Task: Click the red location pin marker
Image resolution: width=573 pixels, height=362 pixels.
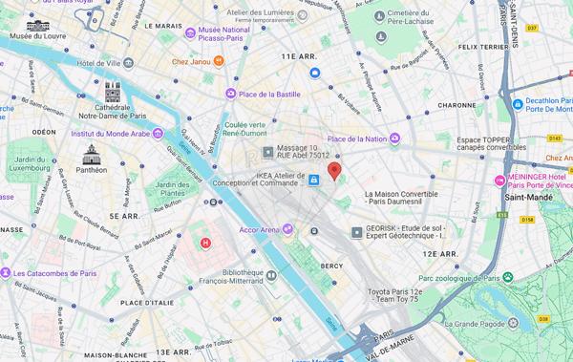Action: [x=334, y=171]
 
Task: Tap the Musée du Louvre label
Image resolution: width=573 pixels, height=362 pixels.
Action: [x=36, y=36]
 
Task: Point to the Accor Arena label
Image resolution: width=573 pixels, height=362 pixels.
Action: [x=259, y=229]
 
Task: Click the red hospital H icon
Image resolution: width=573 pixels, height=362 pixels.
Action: [x=205, y=243]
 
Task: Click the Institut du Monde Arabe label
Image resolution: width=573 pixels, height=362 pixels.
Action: [x=110, y=134]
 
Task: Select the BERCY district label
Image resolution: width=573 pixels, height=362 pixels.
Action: [x=331, y=265]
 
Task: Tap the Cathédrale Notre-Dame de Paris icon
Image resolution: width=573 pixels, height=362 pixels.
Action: [x=113, y=93]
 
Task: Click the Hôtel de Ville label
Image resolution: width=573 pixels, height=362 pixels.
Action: [x=98, y=63]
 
